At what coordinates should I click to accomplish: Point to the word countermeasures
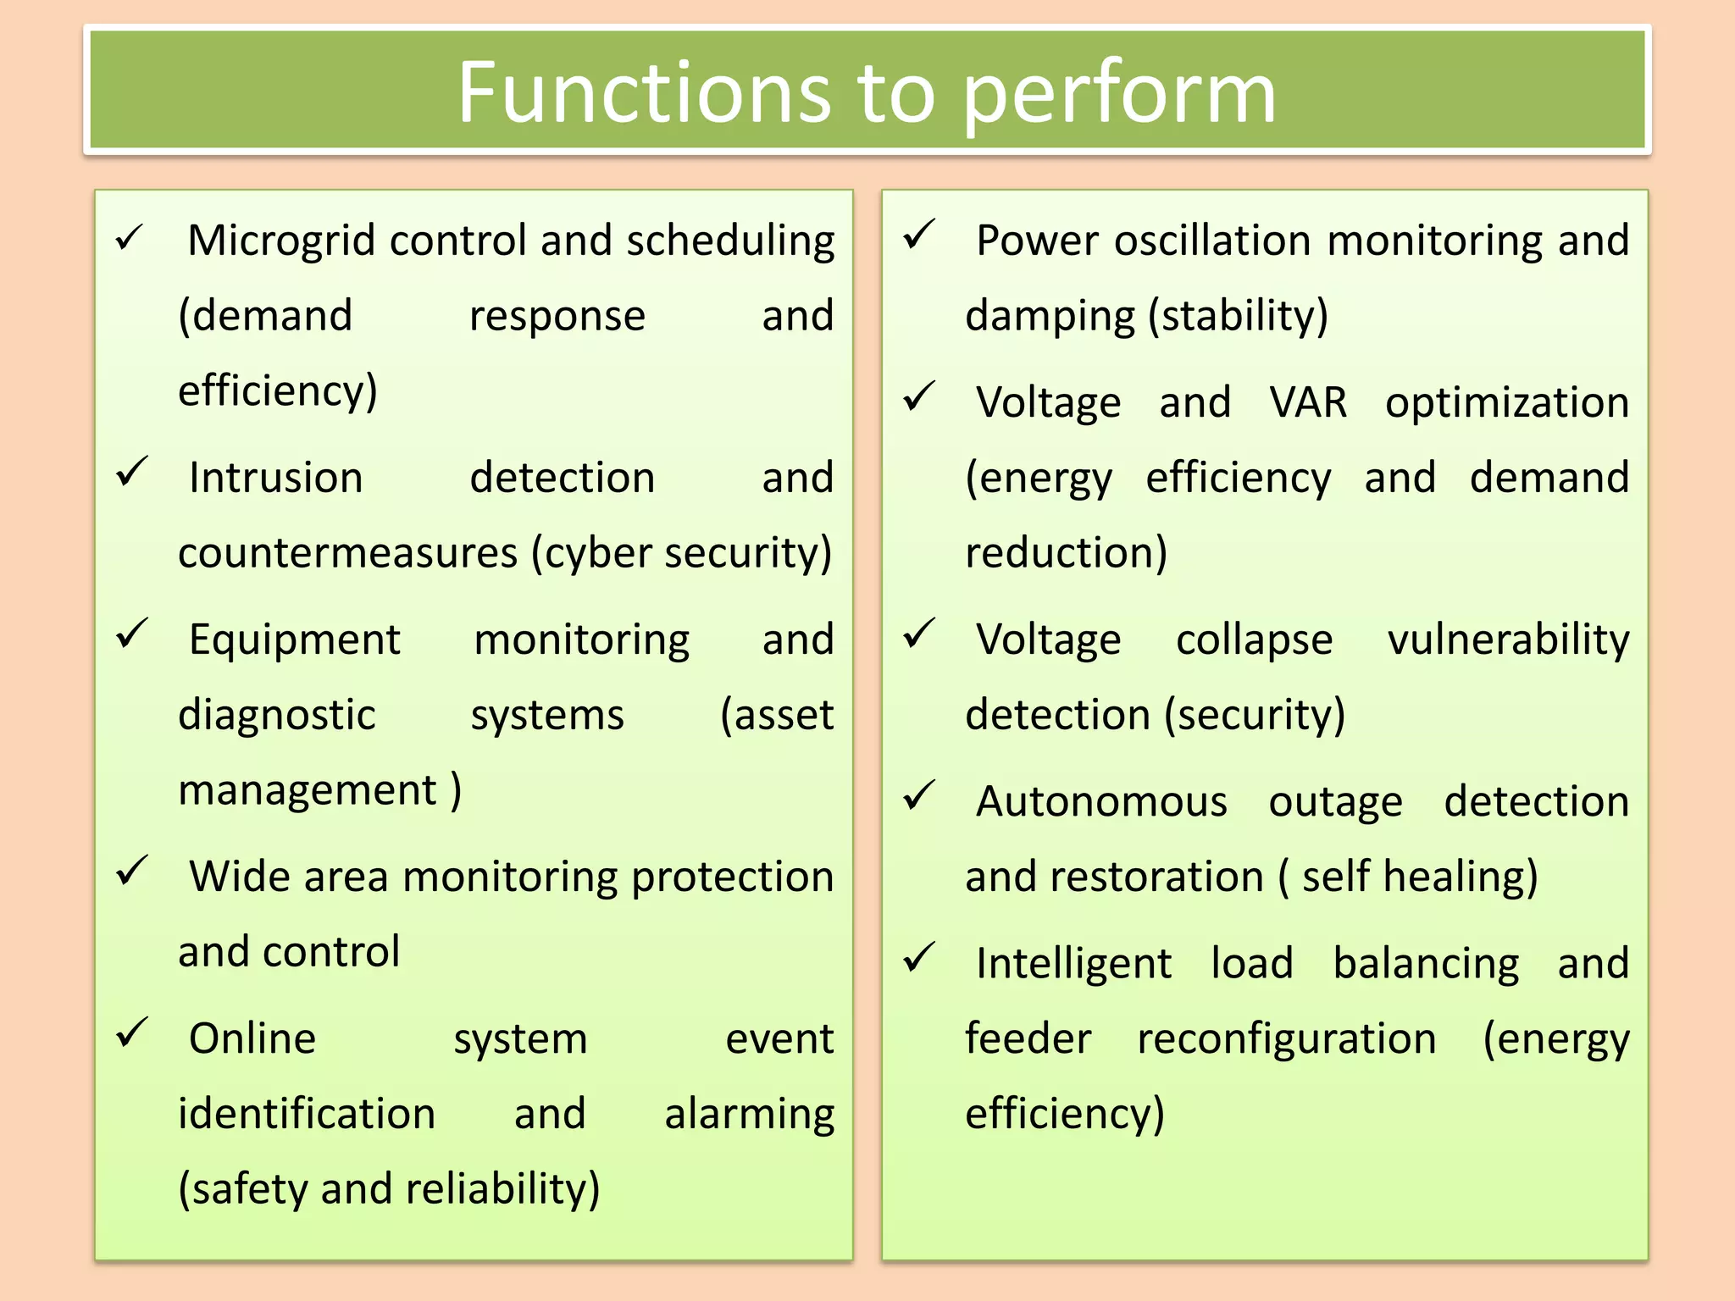(347, 553)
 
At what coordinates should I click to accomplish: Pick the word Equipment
(294, 639)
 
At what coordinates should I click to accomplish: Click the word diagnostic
(276, 715)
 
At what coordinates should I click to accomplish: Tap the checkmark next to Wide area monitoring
(132, 870)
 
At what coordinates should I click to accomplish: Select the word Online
(252, 1038)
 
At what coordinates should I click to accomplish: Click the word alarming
(749, 1115)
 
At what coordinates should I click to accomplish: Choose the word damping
(1050, 316)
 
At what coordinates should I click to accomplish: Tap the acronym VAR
(1308, 402)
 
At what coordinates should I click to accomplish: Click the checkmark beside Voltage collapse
(919, 634)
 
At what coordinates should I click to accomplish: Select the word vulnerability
(1508, 640)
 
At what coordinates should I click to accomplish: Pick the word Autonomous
(1101, 801)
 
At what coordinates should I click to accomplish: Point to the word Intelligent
(1073, 964)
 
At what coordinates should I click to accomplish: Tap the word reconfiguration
(1286, 1040)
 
